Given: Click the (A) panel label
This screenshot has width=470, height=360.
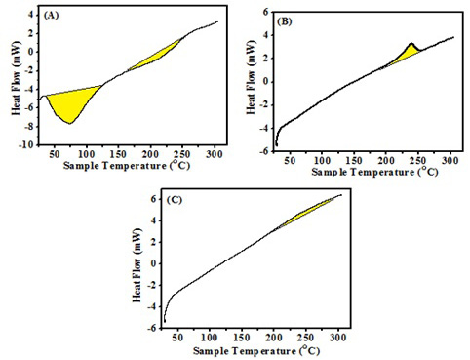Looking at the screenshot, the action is pyautogui.click(x=51, y=15).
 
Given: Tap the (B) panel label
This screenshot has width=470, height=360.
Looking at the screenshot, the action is pyautogui.click(x=285, y=21).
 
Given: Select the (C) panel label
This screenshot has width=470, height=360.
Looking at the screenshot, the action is pyautogui.click(x=175, y=200).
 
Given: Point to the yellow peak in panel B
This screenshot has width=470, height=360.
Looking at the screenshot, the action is pyautogui.click(x=408, y=54).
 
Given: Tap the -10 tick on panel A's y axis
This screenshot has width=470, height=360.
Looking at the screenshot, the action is pyautogui.click(x=26, y=145).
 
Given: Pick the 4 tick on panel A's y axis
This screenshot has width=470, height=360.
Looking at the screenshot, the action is pyautogui.click(x=31, y=15).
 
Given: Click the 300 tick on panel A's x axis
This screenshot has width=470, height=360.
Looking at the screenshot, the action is pyautogui.click(x=215, y=154).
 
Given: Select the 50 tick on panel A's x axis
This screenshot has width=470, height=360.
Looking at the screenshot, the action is pyautogui.click(x=55, y=154).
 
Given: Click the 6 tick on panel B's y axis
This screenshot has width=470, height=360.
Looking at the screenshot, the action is pyautogui.click(x=266, y=12).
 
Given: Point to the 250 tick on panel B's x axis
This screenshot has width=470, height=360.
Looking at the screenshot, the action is pyautogui.click(x=417, y=160).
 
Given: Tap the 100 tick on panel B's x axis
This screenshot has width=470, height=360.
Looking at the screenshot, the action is pyautogui.click(x=322, y=160).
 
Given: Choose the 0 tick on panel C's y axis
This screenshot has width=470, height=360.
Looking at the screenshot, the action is pyautogui.click(x=154, y=263).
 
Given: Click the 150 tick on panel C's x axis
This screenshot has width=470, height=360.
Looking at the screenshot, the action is pyautogui.click(x=242, y=338).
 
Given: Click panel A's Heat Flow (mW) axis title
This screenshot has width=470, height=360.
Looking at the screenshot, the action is pyautogui.click(x=17, y=78).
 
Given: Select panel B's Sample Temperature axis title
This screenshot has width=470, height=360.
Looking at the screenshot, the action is pyautogui.click(x=374, y=172).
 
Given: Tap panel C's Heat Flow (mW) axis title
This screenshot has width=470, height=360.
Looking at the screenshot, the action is pyautogui.click(x=137, y=265).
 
